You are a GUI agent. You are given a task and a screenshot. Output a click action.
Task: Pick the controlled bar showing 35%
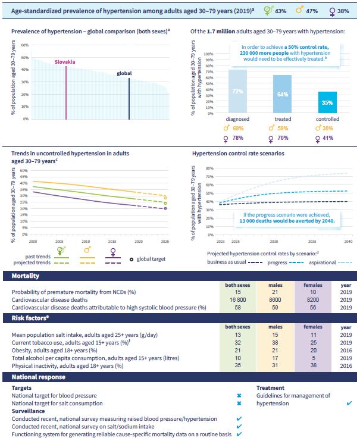click(x=327, y=102)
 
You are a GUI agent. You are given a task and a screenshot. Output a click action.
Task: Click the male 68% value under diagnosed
click(x=238, y=128)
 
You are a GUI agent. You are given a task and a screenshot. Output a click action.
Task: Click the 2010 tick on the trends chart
click(x=86, y=242)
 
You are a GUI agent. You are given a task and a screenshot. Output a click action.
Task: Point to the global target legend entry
click(x=151, y=258)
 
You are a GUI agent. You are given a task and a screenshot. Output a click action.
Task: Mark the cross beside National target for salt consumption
click(x=239, y=402)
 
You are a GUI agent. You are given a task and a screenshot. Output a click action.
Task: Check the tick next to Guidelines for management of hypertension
click(x=349, y=404)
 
